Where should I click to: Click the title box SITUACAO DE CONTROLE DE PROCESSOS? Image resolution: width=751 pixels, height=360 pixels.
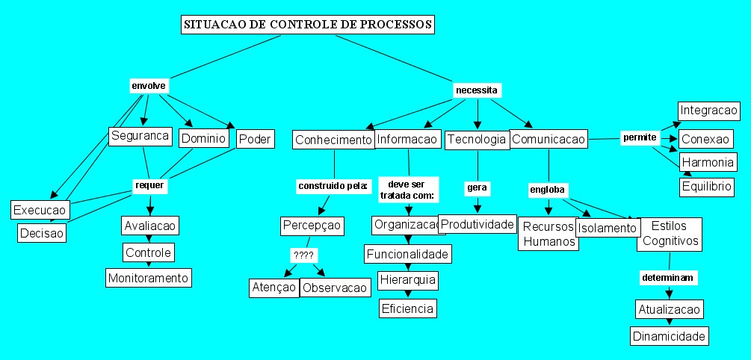[307, 25]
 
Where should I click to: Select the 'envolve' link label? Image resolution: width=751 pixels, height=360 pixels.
[148, 85]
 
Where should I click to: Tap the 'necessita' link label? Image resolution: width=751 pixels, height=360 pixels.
[477, 90]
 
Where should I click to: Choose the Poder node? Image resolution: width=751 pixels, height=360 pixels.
[255, 139]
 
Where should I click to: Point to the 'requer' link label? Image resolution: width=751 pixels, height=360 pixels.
[148, 184]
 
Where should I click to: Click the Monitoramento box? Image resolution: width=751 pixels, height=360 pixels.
[149, 278]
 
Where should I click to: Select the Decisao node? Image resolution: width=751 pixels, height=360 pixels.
[42, 233]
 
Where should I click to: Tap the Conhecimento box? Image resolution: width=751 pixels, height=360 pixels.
[333, 140]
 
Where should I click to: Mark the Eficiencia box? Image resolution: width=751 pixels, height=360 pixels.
[407, 307]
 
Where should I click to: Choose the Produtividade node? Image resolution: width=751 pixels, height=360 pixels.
[477, 224]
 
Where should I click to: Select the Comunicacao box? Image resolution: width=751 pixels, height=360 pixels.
[548, 140]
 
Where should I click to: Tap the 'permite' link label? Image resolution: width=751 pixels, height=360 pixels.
[640, 137]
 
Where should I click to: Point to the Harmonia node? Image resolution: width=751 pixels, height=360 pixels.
[707, 162]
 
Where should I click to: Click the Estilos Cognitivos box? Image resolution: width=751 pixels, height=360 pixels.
[670, 234]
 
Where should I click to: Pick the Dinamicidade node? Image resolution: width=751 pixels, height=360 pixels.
[669, 336]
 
